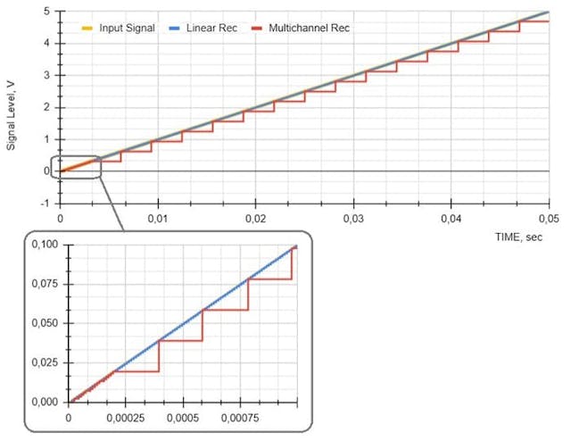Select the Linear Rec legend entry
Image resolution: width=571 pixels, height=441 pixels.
pos(208,28)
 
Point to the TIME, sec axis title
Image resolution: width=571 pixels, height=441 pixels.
pos(521,237)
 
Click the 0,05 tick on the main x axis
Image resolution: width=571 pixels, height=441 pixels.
pos(548,219)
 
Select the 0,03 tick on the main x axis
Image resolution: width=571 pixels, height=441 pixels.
pos(352,219)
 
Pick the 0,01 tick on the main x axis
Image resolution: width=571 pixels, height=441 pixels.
pos(158,219)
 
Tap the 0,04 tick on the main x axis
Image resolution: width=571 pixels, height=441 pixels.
pos(451,219)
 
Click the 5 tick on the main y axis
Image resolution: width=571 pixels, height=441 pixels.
pos(46,12)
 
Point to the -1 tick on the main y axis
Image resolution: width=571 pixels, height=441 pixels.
pos(44,203)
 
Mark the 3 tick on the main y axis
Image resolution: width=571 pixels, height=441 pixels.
pos(46,75)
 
